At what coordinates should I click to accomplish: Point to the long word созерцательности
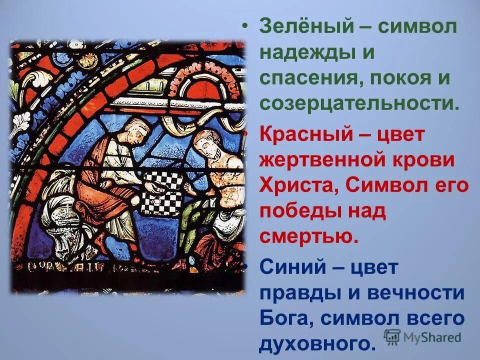(x=359, y=103)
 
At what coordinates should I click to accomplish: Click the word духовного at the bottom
(x=316, y=343)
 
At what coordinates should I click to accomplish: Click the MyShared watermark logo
(x=423, y=337)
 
